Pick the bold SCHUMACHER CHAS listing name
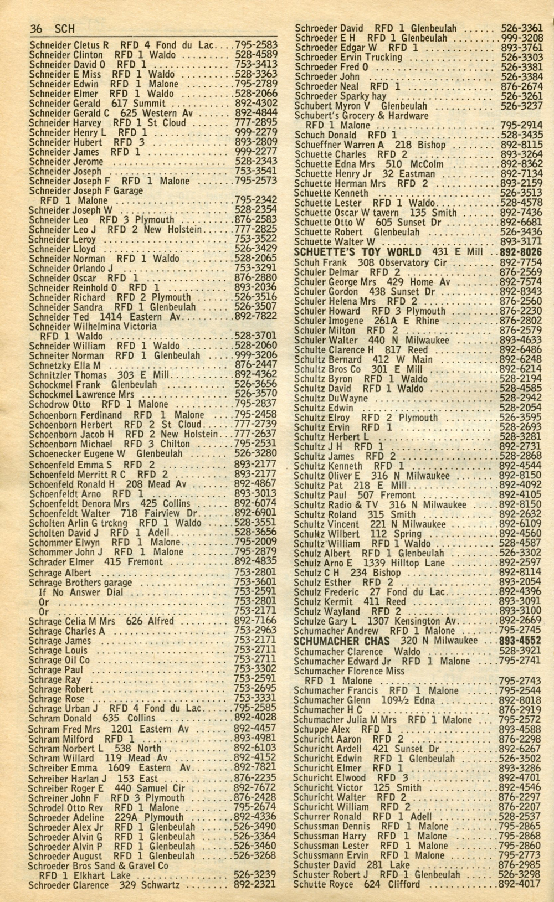coord(338,641)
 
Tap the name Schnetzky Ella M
coord(64,365)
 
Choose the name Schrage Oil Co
coord(59,660)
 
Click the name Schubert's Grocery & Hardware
coord(361,116)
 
